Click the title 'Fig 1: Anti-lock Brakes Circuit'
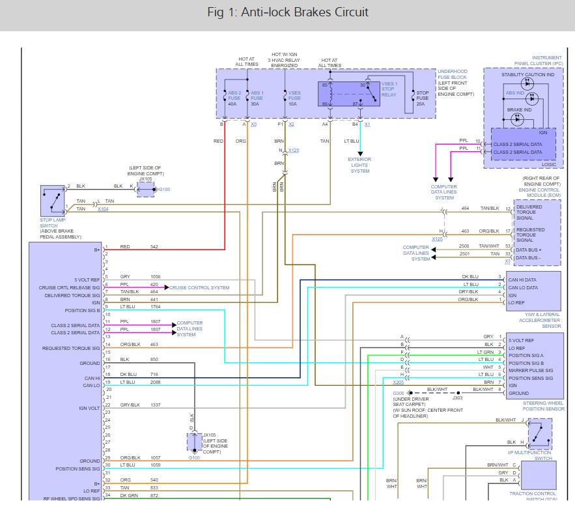click(287, 12)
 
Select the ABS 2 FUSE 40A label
click(232, 98)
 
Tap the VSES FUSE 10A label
click(294, 98)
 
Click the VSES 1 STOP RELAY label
click(389, 89)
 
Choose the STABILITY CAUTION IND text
click(528, 75)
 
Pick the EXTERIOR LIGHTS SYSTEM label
click(359, 165)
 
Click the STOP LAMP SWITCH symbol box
click(52, 201)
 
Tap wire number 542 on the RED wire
click(154, 247)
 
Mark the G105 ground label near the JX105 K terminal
click(165, 190)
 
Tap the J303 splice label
click(458, 397)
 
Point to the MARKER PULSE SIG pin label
click(531, 371)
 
